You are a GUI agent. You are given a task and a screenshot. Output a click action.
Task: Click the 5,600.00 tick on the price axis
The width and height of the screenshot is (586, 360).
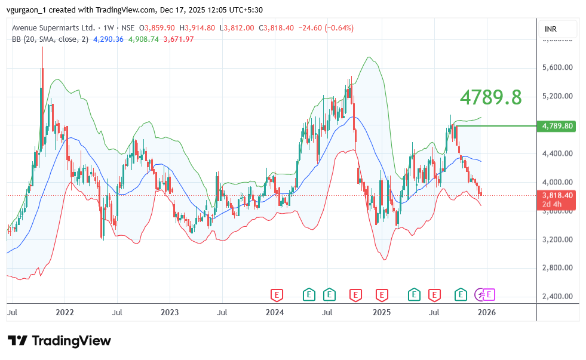pyautogui.click(x=558, y=67)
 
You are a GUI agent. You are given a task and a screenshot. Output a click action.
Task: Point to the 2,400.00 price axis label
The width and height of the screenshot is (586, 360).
pyautogui.click(x=558, y=296)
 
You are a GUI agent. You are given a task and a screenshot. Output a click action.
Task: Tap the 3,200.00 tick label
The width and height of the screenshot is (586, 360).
pyautogui.click(x=558, y=239)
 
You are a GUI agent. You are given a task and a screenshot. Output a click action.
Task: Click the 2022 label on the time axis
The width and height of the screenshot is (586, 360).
pyautogui.click(x=65, y=312)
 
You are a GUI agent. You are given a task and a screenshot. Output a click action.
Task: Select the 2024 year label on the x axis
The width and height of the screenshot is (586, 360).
pyautogui.click(x=275, y=312)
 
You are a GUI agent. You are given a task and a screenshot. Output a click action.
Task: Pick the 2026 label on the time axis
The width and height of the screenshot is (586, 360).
pyautogui.click(x=487, y=312)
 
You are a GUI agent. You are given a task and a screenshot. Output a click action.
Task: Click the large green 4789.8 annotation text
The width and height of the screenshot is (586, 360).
pyautogui.click(x=490, y=96)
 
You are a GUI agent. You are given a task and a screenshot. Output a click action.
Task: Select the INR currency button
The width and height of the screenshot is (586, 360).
pyautogui.click(x=551, y=29)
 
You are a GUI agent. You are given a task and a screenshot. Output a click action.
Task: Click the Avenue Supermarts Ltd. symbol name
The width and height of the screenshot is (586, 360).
pyautogui.click(x=54, y=28)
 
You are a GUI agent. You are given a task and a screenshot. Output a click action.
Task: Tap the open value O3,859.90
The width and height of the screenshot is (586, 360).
pyautogui.click(x=157, y=28)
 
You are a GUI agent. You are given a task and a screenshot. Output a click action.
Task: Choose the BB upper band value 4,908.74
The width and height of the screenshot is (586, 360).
pyautogui.click(x=146, y=39)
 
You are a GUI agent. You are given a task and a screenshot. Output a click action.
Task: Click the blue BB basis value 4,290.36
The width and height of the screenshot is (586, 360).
pyautogui.click(x=108, y=39)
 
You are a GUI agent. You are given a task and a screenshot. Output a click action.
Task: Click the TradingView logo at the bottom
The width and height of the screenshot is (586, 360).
pyautogui.click(x=60, y=341)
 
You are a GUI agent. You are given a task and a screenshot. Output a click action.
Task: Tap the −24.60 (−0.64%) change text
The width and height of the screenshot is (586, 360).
pyautogui.click(x=326, y=28)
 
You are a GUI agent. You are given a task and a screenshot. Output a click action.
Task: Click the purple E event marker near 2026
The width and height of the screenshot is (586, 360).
pyautogui.click(x=489, y=294)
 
